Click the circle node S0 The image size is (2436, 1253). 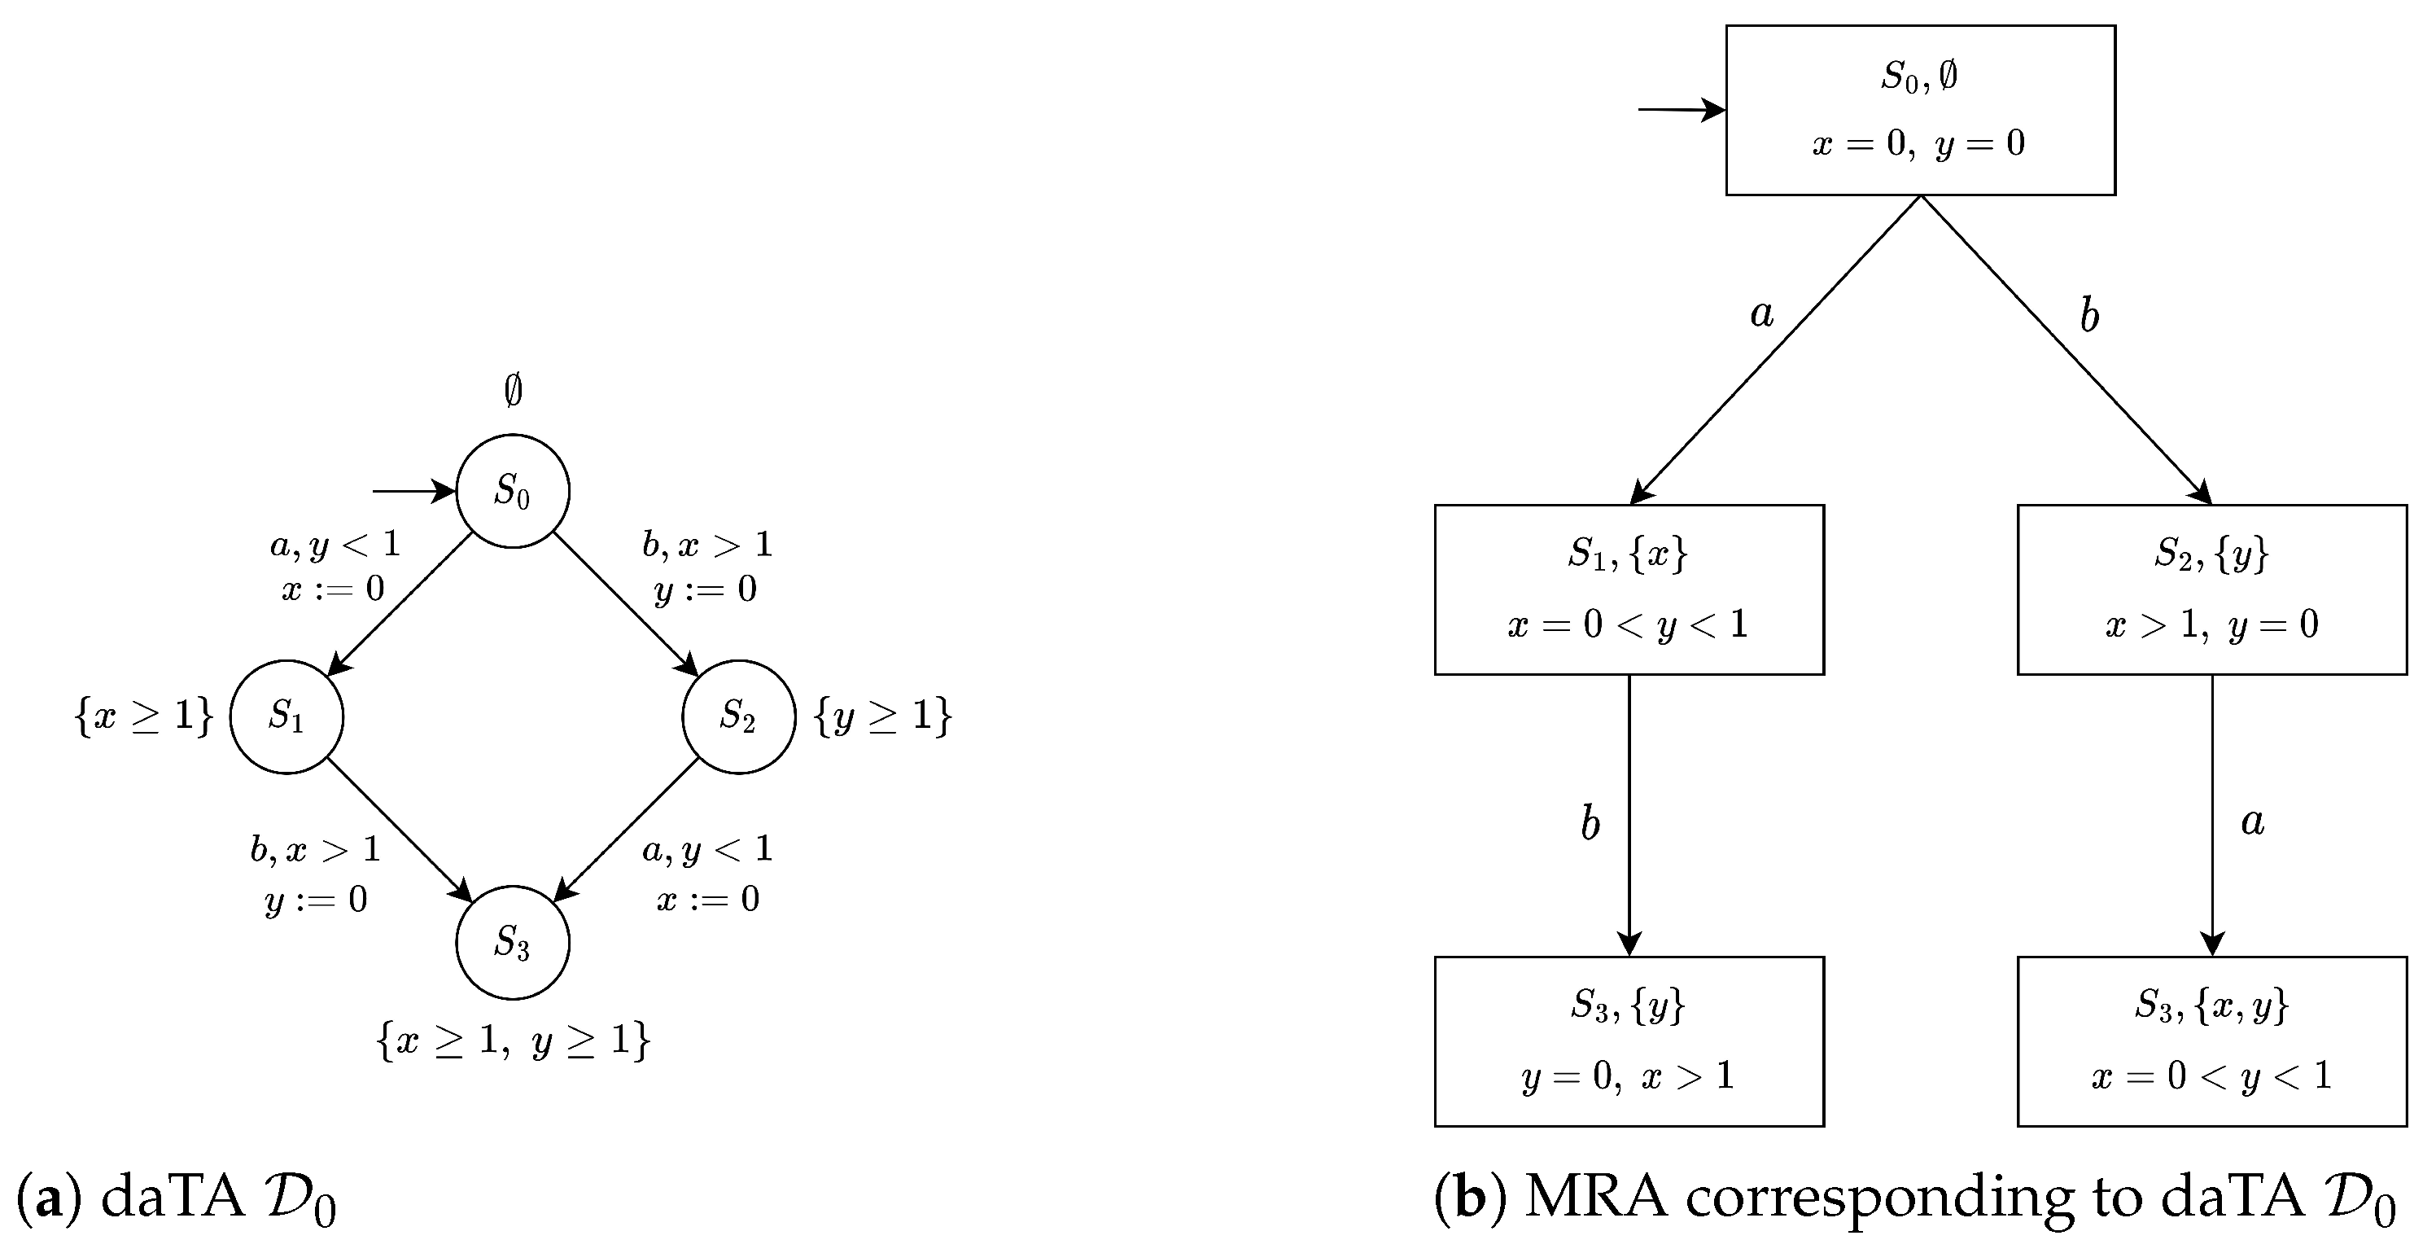pos(513,492)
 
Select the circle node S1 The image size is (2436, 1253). pos(286,716)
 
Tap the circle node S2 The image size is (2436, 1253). pos(738,716)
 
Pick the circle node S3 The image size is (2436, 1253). pos(513,942)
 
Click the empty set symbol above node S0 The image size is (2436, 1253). pos(513,391)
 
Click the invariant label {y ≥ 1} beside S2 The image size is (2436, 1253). pos(882,716)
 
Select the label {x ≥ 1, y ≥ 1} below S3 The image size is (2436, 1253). pos(513,1041)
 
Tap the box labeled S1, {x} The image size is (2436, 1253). pos(1629,589)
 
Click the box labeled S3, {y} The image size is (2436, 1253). pos(1629,1041)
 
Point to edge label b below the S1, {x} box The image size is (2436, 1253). pos(1590,824)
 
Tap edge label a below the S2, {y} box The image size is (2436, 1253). pos(2253,821)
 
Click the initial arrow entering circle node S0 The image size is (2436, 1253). pos(413,492)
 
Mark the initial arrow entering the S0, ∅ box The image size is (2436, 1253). pos(1681,111)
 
